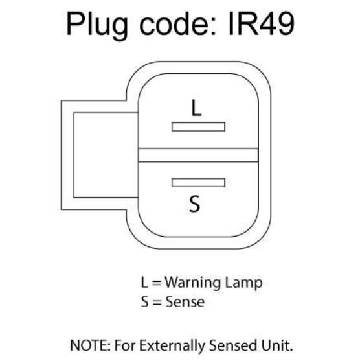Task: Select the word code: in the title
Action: (178, 23)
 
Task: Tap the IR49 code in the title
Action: (261, 24)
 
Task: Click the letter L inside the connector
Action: (196, 108)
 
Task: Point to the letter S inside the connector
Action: (195, 204)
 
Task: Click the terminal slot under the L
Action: (198, 127)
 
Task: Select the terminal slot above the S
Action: (198, 183)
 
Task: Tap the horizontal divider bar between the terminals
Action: (198, 155)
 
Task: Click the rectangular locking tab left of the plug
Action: (67, 155)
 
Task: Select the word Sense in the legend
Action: (185, 302)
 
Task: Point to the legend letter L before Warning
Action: (144, 282)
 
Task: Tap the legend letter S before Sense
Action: (145, 302)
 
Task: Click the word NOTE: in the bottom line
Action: (90, 345)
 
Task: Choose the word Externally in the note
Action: (172, 346)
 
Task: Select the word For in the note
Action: (125, 345)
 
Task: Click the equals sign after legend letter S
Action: (157, 302)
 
